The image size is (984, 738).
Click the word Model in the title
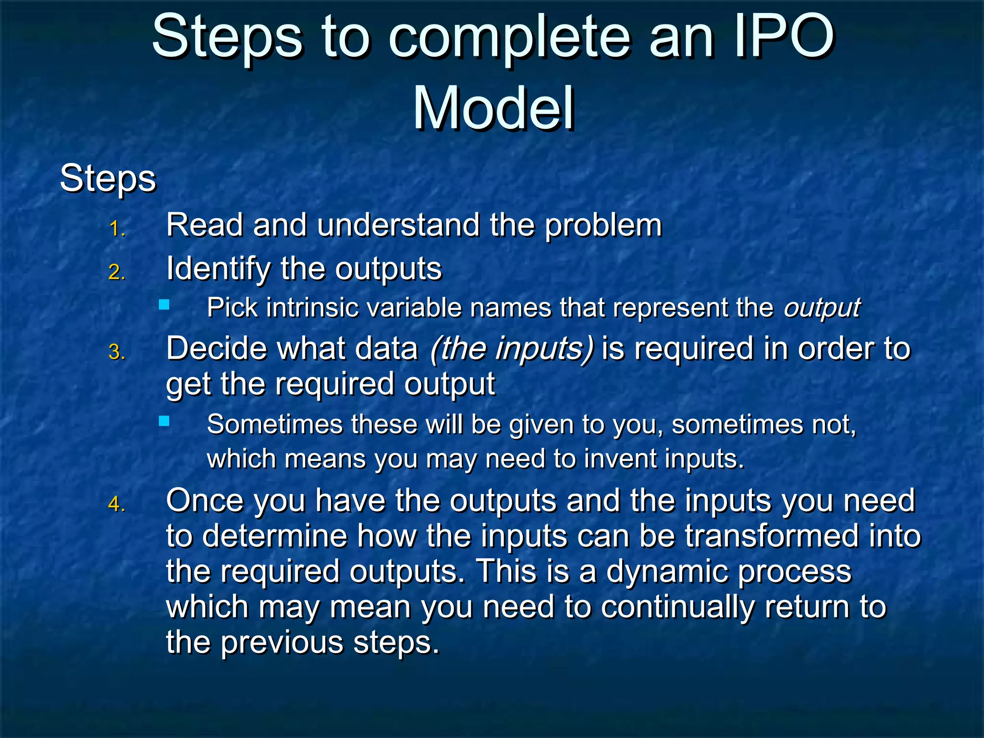(x=493, y=109)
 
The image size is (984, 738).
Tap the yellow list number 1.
(x=117, y=229)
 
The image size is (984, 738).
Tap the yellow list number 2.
(x=117, y=272)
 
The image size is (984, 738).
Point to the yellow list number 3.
(x=117, y=352)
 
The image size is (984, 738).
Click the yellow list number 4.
(x=117, y=504)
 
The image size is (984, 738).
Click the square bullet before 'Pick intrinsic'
(x=164, y=305)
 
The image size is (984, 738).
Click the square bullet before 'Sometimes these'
(x=164, y=421)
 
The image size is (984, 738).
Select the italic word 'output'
(x=822, y=308)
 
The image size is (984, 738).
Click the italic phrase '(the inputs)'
(x=511, y=348)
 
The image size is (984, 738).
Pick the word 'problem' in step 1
(x=603, y=225)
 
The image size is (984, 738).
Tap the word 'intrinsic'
(x=312, y=307)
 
